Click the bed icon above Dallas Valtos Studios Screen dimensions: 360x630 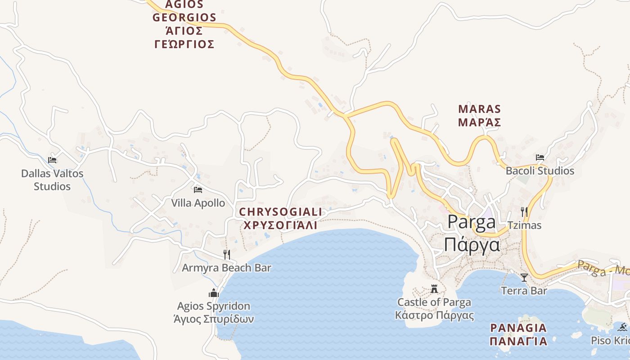(52, 160)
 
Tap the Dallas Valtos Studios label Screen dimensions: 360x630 (52, 180)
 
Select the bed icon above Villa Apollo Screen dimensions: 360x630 (198, 189)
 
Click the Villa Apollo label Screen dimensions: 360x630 (198, 203)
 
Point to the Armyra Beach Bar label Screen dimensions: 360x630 (226, 268)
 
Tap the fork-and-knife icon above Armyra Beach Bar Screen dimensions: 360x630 (227, 254)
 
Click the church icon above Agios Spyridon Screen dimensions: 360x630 (214, 293)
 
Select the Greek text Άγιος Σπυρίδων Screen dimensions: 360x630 (214, 319)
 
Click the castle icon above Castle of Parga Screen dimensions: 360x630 (434, 288)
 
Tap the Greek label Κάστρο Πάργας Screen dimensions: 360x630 (434, 315)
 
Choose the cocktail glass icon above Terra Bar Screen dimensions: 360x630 (524, 277)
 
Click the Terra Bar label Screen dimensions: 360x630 (524, 291)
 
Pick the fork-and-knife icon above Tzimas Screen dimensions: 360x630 (524, 211)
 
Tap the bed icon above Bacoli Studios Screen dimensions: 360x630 (540, 157)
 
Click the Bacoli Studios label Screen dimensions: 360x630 (540, 171)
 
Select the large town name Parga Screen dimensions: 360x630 (472, 221)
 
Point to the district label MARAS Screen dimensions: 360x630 (479, 109)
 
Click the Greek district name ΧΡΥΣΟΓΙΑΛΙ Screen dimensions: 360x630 (280, 225)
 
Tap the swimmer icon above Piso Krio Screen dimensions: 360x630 (623, 327)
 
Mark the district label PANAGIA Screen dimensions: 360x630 (518, 328)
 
